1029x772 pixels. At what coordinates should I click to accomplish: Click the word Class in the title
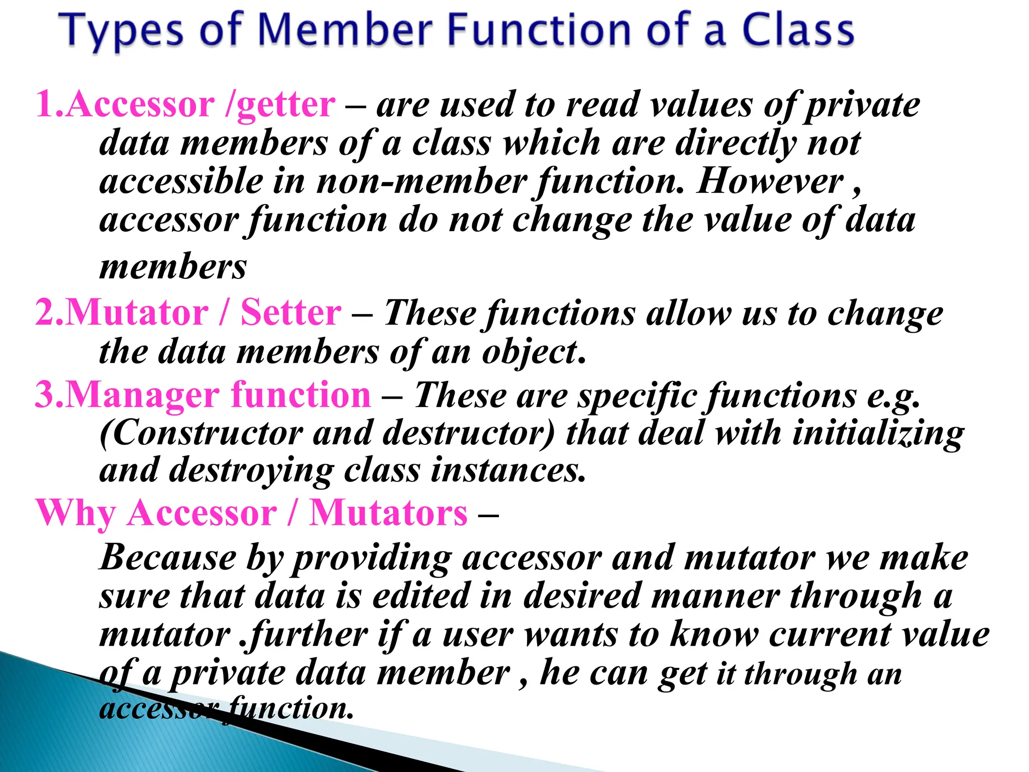(x=798, y=30)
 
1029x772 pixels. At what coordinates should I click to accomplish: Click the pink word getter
(x=285, y=106)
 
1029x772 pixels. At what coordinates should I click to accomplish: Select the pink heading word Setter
(x=291, y=313)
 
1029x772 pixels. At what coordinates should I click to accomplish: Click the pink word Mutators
(x=388, y=514)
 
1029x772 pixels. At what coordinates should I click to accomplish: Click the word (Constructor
(x=201, y=433)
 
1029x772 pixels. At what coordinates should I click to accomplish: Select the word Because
(x=168, y=558)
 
